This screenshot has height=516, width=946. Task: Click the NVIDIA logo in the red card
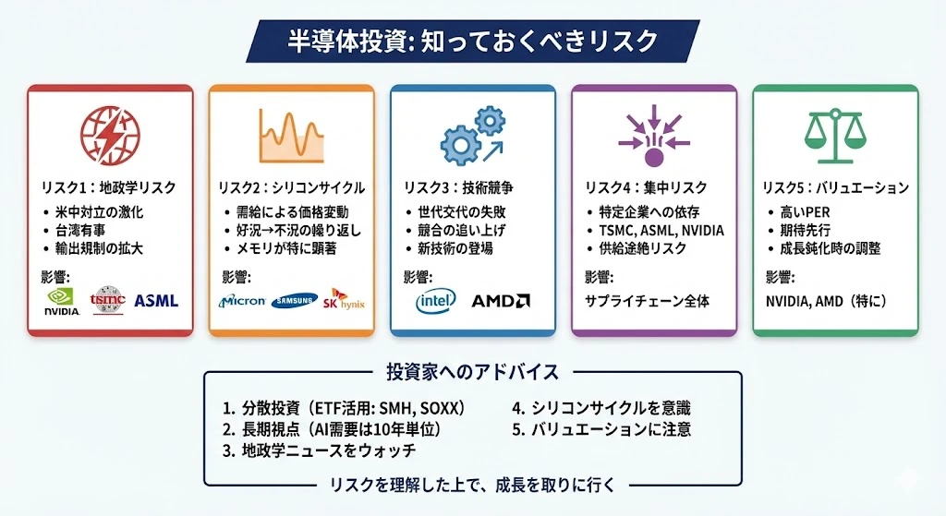(62, 301)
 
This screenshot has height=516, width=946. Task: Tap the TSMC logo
(107, 300)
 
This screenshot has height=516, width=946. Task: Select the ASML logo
(156, 300)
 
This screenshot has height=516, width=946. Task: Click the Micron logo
(242, 301)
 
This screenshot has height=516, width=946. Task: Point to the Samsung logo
(295, 300)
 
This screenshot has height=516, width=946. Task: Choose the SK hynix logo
(344, 299)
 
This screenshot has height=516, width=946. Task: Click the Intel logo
(436, 301)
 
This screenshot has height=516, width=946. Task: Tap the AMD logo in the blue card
(501, 301)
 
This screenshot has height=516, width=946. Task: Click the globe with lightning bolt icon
(110, 135)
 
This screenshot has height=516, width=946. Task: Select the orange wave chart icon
(291, 136)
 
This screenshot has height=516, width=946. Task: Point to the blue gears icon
(472, 136)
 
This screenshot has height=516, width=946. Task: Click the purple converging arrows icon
(654, 136)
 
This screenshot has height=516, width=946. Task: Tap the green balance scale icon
(835, 136)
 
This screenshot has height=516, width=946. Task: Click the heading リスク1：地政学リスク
(109, 188)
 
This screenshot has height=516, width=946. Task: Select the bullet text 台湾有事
(81, 230)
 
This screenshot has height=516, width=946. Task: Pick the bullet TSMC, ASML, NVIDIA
(661, 230)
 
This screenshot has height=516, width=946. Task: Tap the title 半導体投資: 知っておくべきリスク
(472, 41)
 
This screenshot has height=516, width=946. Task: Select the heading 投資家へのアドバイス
(472, 372)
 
